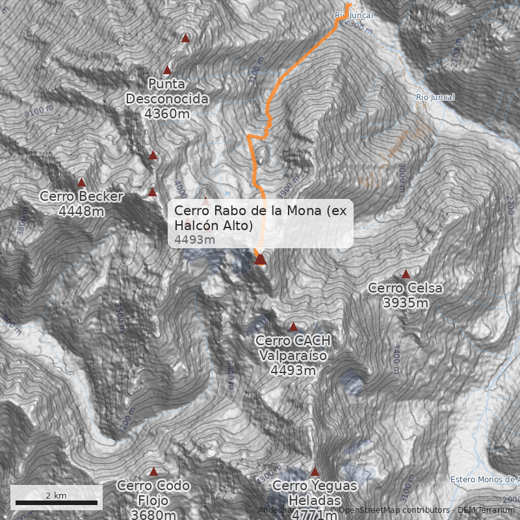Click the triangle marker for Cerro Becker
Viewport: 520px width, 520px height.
point(82,183)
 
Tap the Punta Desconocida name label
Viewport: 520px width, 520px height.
point(167,92)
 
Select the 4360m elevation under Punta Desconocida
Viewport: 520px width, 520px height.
point(167,114)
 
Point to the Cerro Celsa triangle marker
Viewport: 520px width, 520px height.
point(406,274)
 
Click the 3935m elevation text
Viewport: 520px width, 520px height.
point(405,303)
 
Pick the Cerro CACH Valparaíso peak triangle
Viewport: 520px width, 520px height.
point(293,327)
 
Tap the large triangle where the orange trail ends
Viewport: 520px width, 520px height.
point(260,259)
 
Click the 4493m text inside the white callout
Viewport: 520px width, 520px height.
point(195,240)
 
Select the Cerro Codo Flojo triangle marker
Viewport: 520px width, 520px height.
point(154,472)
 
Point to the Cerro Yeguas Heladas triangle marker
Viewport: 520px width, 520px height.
point(315,472)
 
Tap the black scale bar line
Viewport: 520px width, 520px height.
point(57,502)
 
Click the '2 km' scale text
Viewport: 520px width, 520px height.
point(56,495)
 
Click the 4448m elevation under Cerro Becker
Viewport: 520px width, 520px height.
point(81,211)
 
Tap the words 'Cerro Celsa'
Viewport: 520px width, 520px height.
point(405,288)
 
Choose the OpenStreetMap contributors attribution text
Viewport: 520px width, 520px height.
point(390,510)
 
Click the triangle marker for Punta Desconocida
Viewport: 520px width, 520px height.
point(167,70)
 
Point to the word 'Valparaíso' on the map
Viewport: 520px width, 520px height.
point(292,356)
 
